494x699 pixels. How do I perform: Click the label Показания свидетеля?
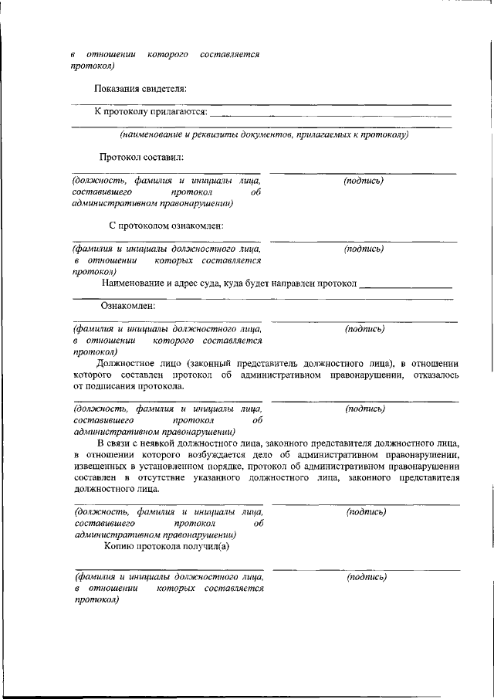[140, 90]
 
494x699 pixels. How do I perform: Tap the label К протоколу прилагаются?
[151, 112]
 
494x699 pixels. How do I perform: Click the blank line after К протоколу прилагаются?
[330, 114]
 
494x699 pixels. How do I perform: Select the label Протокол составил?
[141, 158]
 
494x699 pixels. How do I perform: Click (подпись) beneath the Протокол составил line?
[364, 181]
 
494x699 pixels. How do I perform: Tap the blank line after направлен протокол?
[406, 285]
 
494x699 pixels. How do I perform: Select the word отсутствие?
[162, 477]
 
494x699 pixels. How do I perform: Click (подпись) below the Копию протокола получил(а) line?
[367, 577]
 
